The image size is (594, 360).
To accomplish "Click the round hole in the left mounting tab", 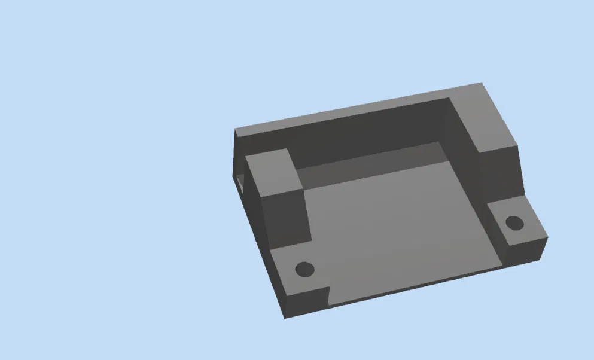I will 305,269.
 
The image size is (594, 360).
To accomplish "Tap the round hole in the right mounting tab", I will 514,223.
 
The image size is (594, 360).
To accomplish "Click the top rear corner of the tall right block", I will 482,83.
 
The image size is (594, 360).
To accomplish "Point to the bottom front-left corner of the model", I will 285,318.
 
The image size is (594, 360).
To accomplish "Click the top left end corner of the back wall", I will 234,130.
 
